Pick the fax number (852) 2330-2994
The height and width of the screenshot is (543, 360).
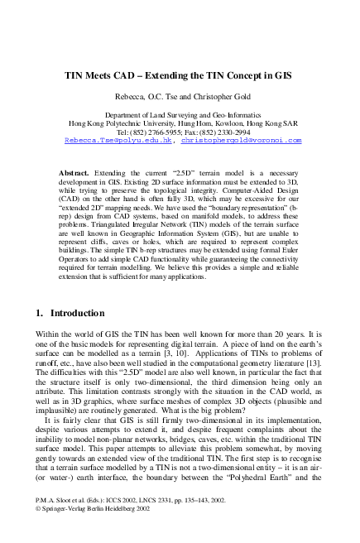point(224,132)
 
